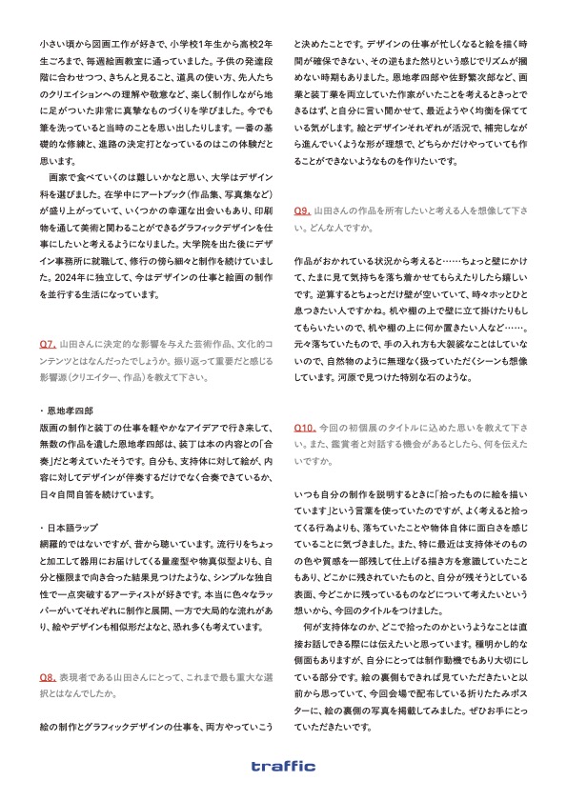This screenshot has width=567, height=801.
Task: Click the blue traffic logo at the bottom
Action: pyautogui.click(x=283, y=766)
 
